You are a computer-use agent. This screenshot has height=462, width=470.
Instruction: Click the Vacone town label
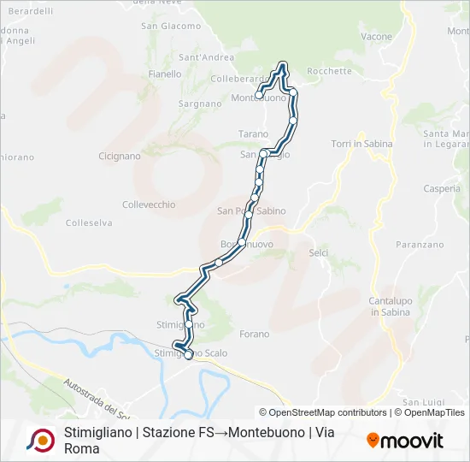click(x=376, y=37)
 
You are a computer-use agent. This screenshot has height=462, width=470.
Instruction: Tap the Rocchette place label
click(x=328, y=71)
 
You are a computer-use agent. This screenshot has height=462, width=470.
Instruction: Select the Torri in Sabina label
click(x=361, y=144)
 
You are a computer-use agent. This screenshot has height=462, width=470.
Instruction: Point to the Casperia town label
click(x=441, y=188)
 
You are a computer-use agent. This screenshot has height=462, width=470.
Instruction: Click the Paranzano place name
click(x=420, y=245)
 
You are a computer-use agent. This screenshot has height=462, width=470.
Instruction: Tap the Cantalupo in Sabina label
click(x=391, y=306)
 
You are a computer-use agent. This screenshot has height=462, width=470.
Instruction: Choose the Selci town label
click(x=318, y=254)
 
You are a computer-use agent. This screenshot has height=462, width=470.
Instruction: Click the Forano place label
click(x=255, y=334)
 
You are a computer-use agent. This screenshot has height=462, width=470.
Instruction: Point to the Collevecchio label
click(x=149, y=204)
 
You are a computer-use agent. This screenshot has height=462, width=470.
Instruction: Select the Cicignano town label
click(x=120, y=157)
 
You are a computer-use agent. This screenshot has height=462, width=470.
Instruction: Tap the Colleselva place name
click(x=89, y=223)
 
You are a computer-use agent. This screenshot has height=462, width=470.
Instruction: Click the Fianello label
click(x=165, y=74)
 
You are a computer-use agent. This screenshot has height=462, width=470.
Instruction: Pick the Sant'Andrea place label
click(x=206, y=58)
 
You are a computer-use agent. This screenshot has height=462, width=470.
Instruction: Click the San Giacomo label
click(x=170, y=26)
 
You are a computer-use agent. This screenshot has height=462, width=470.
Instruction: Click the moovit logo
click(x=405, y=441)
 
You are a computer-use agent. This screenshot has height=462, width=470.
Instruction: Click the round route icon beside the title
click(x=40, y=441)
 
